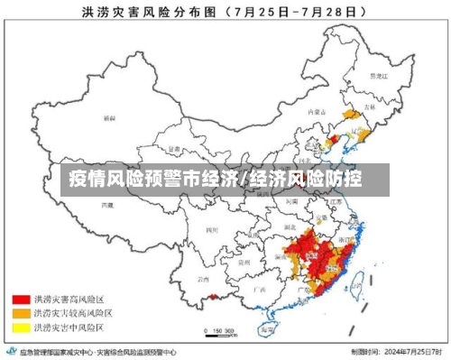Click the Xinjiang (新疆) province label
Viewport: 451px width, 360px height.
109,118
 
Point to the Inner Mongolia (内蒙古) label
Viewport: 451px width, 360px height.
317,112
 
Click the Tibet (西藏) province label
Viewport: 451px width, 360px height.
108,206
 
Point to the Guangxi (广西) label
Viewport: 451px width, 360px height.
261,289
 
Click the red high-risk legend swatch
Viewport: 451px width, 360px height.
20,297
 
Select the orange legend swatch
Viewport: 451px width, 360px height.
20,311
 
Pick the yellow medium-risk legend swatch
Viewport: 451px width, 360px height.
20,326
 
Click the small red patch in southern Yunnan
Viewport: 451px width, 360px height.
214,295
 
